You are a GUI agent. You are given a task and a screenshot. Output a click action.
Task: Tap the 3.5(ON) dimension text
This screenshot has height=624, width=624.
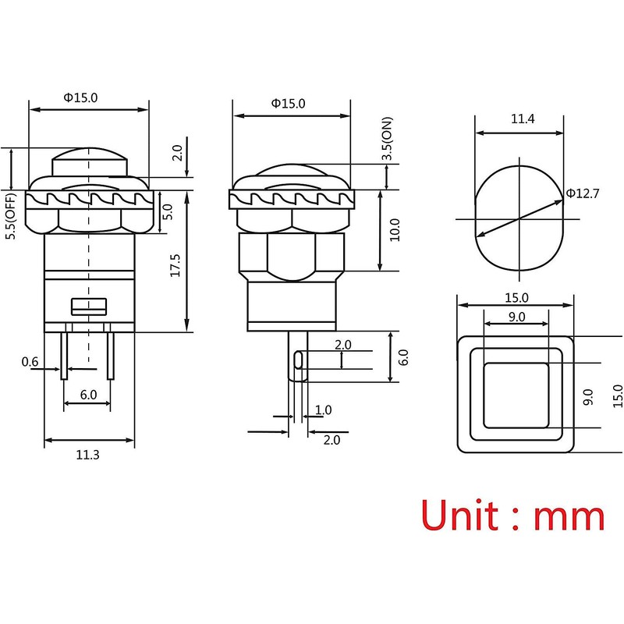[386, 140]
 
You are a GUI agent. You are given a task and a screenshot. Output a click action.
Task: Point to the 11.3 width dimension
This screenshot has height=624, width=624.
[87, 456]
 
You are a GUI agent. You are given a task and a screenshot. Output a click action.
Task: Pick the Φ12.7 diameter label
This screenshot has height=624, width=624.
[583, 193]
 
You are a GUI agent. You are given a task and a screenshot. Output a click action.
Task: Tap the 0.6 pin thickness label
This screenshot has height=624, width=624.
[30, 361]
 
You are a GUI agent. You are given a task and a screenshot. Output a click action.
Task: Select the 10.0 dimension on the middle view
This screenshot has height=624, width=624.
[394, 232]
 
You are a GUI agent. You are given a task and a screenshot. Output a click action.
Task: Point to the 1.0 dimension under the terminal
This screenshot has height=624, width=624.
[322, 410]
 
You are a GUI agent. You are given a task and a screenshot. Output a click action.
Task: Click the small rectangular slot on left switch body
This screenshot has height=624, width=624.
[88, 305]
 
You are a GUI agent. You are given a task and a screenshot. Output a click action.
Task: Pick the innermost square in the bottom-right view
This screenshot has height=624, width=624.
[516, 395]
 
